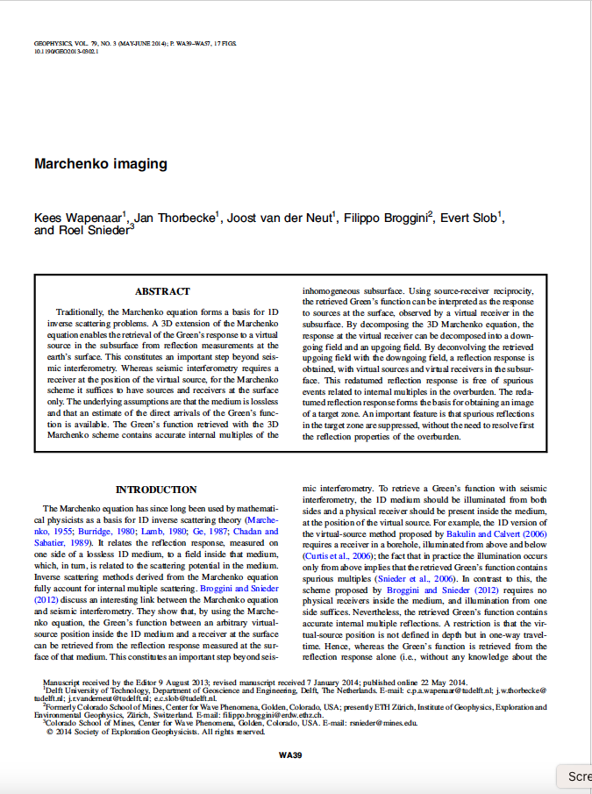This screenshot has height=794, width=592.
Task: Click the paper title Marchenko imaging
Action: (x=101, y=164)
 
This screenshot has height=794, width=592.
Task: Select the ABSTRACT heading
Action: (x=162, y=291)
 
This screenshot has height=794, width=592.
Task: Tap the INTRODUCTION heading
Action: (x=156, y=490)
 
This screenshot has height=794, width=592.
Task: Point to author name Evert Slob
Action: (x=470, y=218)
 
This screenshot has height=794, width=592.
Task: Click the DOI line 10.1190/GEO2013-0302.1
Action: (x=66, y=52)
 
